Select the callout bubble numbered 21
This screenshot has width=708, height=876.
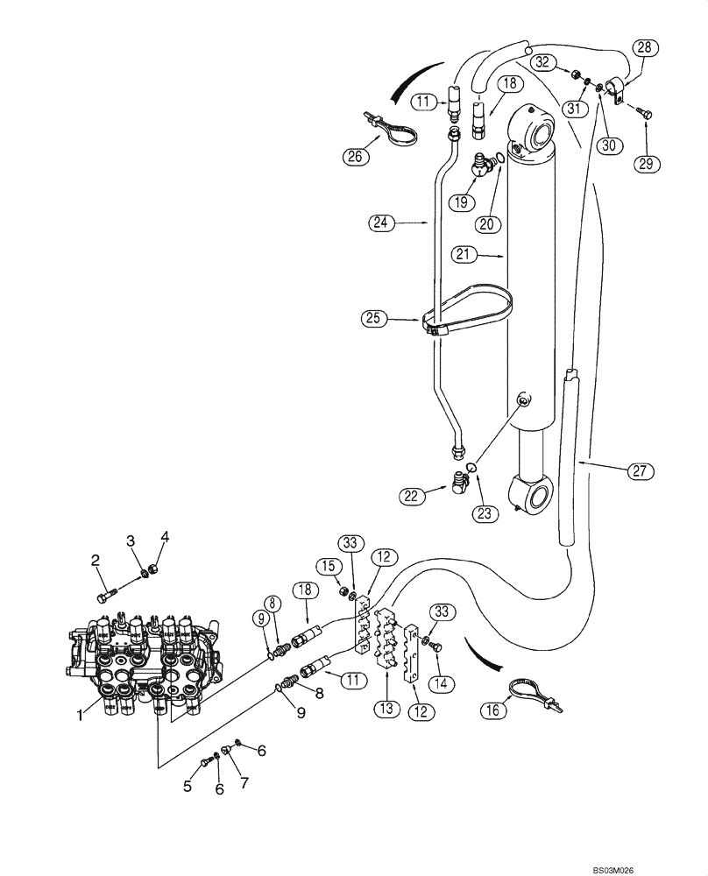464,254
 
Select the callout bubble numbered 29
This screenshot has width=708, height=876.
648,163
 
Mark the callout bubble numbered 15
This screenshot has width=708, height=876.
327,566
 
